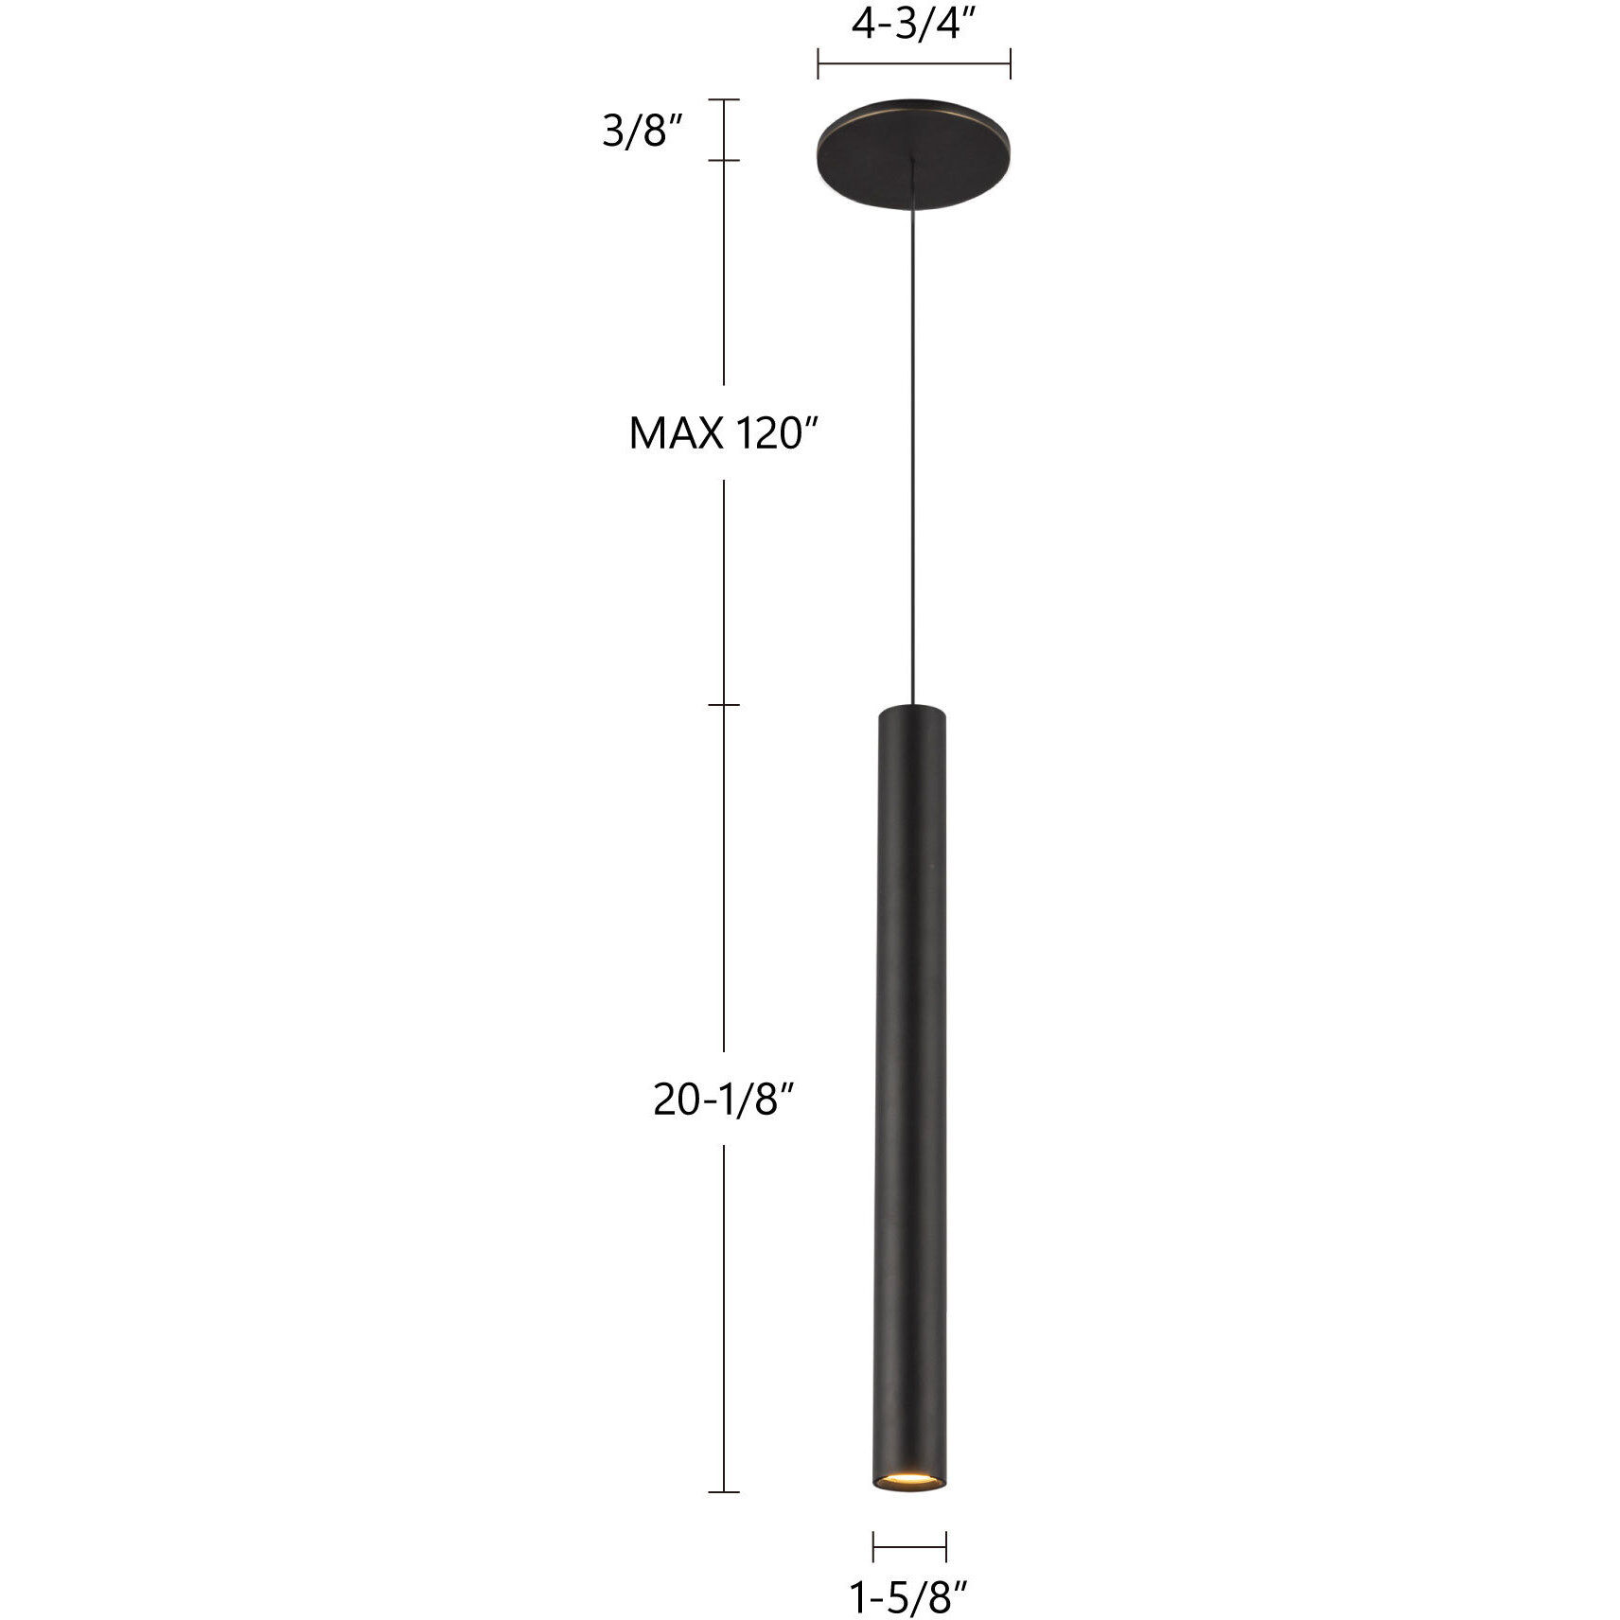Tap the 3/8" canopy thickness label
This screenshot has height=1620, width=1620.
coord(643,132)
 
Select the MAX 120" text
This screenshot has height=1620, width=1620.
coord(723,434)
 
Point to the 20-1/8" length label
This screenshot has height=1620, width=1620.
coord(722,1099)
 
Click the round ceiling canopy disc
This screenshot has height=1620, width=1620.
coord(914,140)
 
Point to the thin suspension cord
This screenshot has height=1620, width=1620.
coord(912,433)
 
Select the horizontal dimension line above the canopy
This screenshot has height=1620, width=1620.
coord(914,64)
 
